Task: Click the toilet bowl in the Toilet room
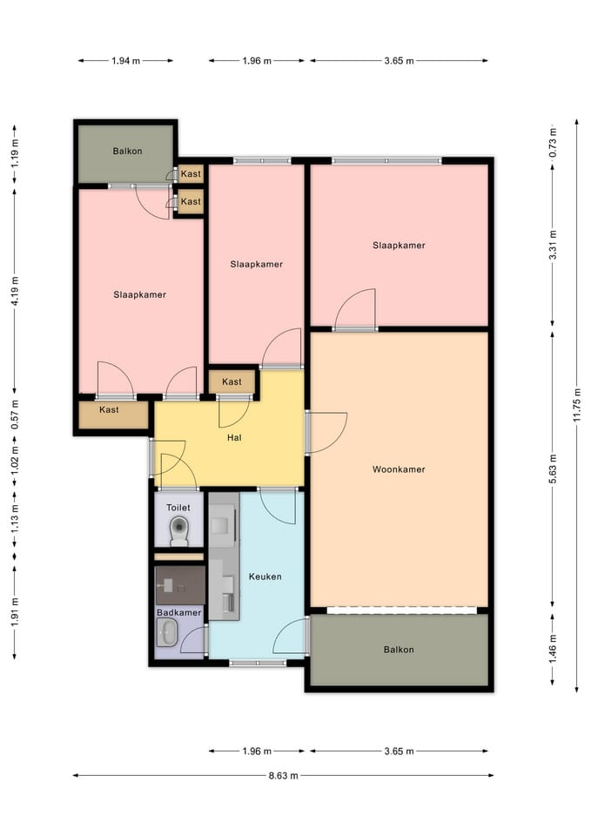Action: click(179, 531)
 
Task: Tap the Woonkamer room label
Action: click(399, 469)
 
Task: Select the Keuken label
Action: click(265, 576)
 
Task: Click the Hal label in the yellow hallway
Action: click(234, 438)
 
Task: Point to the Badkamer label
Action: click(179, 612)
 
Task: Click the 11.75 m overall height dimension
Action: click(577, 405)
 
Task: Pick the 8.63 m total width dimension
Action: click(283, 775)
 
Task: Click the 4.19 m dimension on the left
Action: click(15, 291)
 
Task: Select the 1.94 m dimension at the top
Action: click(125, 61)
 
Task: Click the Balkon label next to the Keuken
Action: click(399, 650)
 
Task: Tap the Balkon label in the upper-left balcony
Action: click(127, 151)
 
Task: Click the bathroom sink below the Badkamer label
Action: click(168, 633)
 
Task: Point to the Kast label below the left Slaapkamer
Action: click(109, 409)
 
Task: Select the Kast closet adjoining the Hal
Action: click(232, 381)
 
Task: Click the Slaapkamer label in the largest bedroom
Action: click(399, 246)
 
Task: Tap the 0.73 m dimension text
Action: click(553, 142)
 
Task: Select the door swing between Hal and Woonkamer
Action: click(327, 433)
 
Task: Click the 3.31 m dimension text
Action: click(553, 245)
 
